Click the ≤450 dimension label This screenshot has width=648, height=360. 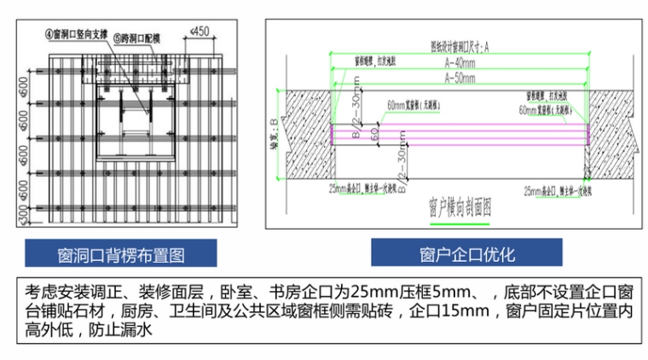pyautogui.click(x=198, y=32)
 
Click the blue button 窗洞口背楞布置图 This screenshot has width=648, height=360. pyautogui.click(x=120, y=254)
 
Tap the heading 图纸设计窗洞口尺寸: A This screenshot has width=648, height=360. pyautogui.click(x=459, y=48)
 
